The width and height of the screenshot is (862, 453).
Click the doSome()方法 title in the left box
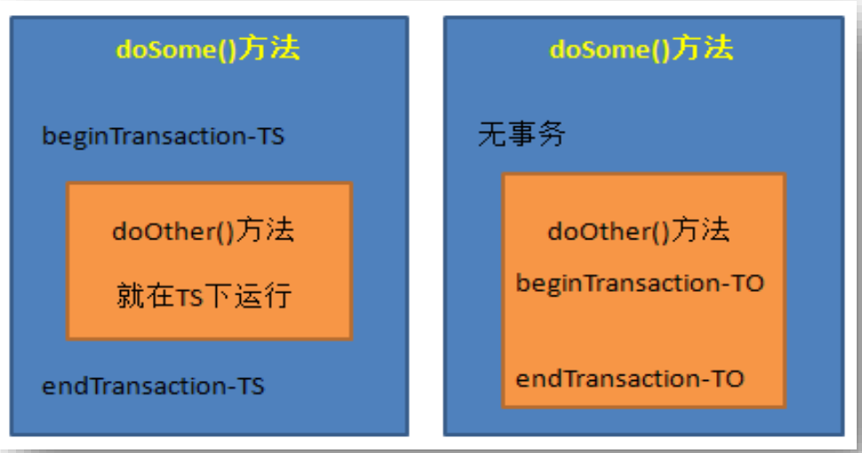[208, 48]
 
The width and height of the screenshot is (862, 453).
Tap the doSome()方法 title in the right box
[642, 48]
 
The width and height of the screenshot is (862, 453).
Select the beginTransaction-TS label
[164, 136]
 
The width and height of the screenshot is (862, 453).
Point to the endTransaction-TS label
[154, 386]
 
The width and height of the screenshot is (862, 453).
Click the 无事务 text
[521, 133]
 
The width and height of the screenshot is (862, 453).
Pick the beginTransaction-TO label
[640, 284]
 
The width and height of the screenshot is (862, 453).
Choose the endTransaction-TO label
[630, 379]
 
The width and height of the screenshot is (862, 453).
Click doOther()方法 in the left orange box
[204, 231]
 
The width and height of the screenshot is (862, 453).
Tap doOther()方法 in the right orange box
[639, 231]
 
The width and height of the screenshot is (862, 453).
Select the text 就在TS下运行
[204, 296]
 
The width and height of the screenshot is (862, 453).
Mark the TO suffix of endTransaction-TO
[729, 379]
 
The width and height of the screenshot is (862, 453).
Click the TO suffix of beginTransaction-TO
[748, 283]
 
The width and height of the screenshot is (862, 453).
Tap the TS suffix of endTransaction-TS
[251, 386]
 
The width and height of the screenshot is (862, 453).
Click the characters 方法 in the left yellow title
[269, 48]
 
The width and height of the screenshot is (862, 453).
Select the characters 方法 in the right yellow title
[703, 48]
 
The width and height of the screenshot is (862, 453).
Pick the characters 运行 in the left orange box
[263, 296]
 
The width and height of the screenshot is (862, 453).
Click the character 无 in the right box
[492, 133]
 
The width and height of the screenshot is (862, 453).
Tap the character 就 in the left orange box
[131, 296]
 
